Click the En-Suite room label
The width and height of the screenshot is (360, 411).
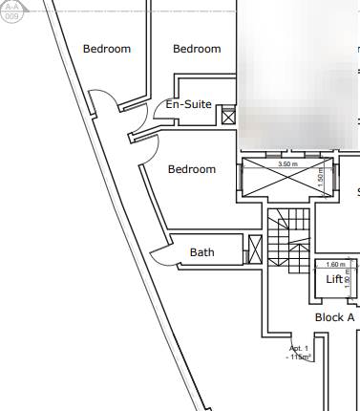pos(188,104)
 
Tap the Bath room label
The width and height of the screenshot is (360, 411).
pos(201,253)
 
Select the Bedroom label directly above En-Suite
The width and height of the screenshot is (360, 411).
pos(197,49)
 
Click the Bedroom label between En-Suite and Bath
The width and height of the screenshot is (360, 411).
pos(192,169)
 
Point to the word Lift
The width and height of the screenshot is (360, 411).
pos(333,279)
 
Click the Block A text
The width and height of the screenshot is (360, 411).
pos(334,316)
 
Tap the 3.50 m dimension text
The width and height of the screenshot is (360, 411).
pos(286,164)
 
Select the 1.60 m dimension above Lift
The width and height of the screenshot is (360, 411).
pos(335,265)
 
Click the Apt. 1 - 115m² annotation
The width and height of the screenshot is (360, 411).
pos(299,353)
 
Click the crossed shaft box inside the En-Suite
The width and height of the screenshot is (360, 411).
pos(228,117)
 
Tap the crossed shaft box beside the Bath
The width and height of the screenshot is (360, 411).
pos(255,249)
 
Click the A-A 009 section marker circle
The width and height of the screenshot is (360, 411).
pos(11,11)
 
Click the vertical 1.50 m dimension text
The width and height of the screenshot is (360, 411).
pos(321,178)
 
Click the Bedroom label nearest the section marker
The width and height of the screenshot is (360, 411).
pos(107,49)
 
